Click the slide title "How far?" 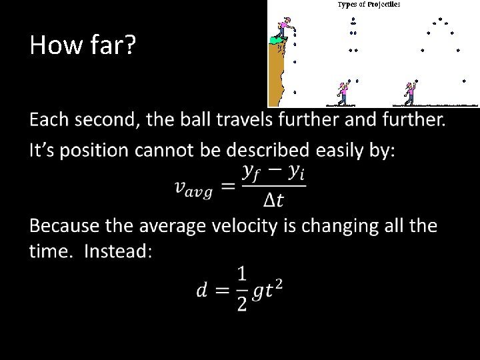[x=83, y=45]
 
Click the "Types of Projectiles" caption [x=369, y=5]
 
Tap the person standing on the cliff [x=283, y=29]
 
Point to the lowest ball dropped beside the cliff [x=295, y=92]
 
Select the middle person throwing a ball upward [x=343, y=93]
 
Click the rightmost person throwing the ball [x=410, y=93]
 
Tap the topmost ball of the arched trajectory [x=440, y=19]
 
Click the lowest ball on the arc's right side [x=465, y=81]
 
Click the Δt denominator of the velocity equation [x=273, y=199]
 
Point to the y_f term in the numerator [x=251, y=172]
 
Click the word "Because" [x=65, y=226]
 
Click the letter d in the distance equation [x=201, y=290]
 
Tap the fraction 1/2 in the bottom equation [x=241, y=289]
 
